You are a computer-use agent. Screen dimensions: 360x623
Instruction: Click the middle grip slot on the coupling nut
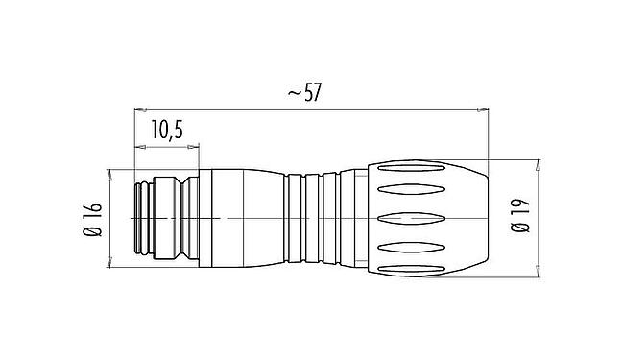tap(422, 218)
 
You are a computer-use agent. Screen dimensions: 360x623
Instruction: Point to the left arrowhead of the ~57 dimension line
tap(136, 111)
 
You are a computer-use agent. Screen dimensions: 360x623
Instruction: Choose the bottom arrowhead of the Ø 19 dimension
tap(539, 276)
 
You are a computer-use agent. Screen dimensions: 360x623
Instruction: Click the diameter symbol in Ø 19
tap(520, 231)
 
